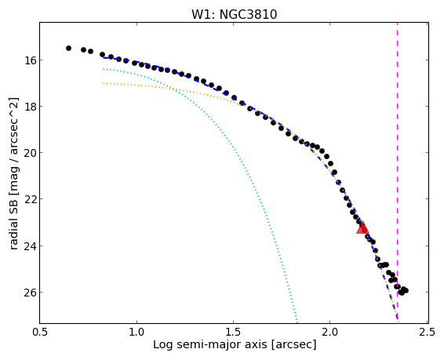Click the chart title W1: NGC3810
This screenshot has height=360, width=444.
coord(234,14)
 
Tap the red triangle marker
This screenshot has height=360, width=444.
coord(362,227)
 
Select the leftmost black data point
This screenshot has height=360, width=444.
coord(68,49)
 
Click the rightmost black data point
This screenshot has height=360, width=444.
coord(406,290)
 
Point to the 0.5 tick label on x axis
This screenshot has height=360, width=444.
coord(40,332)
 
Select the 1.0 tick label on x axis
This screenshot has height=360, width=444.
coord(136,332)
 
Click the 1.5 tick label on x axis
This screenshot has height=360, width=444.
coord(233,332)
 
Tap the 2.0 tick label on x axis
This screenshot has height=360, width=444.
coord(330,332)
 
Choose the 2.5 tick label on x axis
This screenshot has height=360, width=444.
coord(427,332)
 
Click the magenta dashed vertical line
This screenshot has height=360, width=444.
coord(397,173)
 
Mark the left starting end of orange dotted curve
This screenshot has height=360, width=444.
coord(104,83)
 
